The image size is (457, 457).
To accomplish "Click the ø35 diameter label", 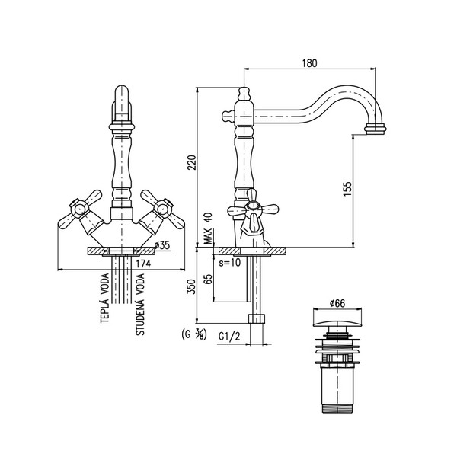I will point(161,244).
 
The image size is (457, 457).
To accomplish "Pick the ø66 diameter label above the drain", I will point(337,303).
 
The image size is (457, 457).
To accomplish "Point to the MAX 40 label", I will point(208,228).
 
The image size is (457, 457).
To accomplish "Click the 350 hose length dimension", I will point(192,287).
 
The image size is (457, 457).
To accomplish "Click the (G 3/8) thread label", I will point(193,334).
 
